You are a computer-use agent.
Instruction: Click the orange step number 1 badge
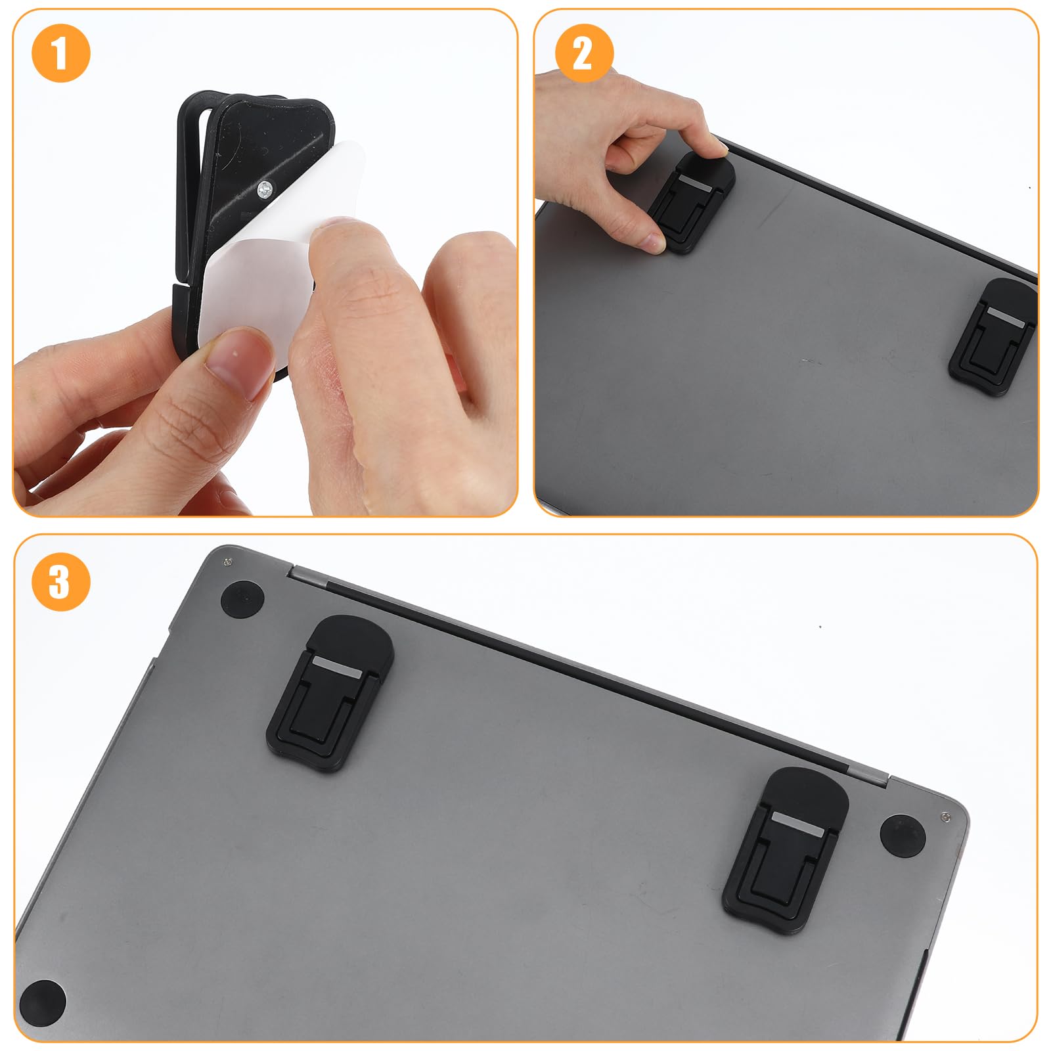tap(60, 54)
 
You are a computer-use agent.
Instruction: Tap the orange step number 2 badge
tap(584, 53)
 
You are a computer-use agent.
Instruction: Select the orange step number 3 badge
tap(60, 582)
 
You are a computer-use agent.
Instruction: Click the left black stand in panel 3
tap(330, 693)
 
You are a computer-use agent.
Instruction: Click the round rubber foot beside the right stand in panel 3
tap(903, 836)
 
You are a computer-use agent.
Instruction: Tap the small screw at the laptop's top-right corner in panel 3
tap(945, 816)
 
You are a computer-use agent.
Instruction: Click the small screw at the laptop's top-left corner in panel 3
tap(227, 561)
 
